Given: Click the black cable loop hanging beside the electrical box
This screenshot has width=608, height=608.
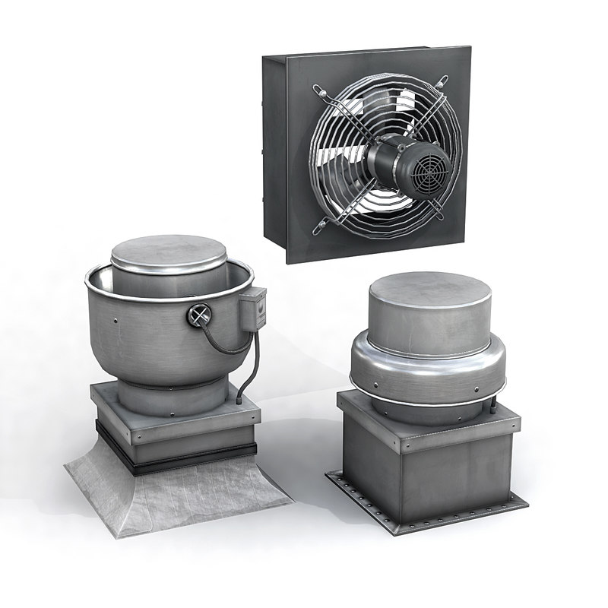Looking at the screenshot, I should pyautogui.click(x=228, y=346).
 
